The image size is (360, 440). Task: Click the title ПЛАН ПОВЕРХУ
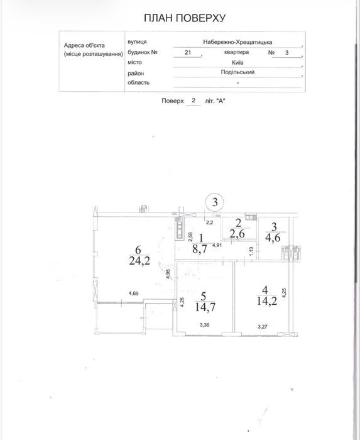[x=185, y=18]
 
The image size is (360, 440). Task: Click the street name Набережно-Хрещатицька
[x=237, y=42]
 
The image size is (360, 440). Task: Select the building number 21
[x=188, y=52]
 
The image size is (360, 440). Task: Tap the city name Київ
[x=237, y=62]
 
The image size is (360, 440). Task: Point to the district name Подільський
[x=237, y=72]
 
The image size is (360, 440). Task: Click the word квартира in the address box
[x=236, y=52]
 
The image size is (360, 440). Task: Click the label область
[x=138, y=82]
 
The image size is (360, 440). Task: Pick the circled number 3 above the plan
[x=215, y=202]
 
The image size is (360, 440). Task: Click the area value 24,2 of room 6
[x=139, y=261]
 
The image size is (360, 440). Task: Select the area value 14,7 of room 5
[x=205, y=307]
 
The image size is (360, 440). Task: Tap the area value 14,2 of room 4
[x=267, y=301]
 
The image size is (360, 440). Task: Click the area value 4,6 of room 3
[x=273, y=238]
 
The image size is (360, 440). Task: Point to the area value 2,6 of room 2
[x=237, y=233]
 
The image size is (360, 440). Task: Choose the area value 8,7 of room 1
[x=200, y=249]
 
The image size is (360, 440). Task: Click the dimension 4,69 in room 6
[x=133, y=294]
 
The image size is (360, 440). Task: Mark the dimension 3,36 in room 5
[x=205, y=325]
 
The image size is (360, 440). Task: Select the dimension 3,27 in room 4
[x=263, y=326]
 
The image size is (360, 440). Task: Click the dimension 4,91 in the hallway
[x=217, y=245]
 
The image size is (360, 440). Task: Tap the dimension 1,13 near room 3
[x=251, y=251]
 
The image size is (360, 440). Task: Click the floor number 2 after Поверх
[x=193, y=101]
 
